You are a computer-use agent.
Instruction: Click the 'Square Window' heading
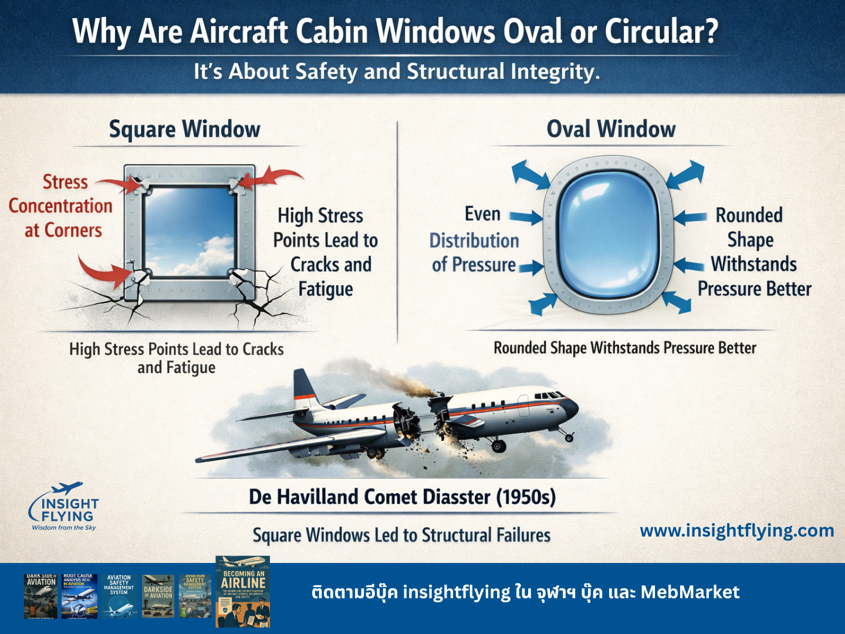184,129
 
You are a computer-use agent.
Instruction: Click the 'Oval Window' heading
611,129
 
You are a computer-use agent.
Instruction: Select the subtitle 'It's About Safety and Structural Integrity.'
397,72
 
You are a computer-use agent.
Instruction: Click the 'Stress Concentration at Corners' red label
61,206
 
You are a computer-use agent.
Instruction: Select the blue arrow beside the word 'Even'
526,217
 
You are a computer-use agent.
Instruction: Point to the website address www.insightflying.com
736,531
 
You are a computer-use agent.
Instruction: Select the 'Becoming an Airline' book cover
243,591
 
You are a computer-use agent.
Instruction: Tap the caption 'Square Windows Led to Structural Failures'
401,535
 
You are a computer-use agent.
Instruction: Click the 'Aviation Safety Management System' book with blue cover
119,595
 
